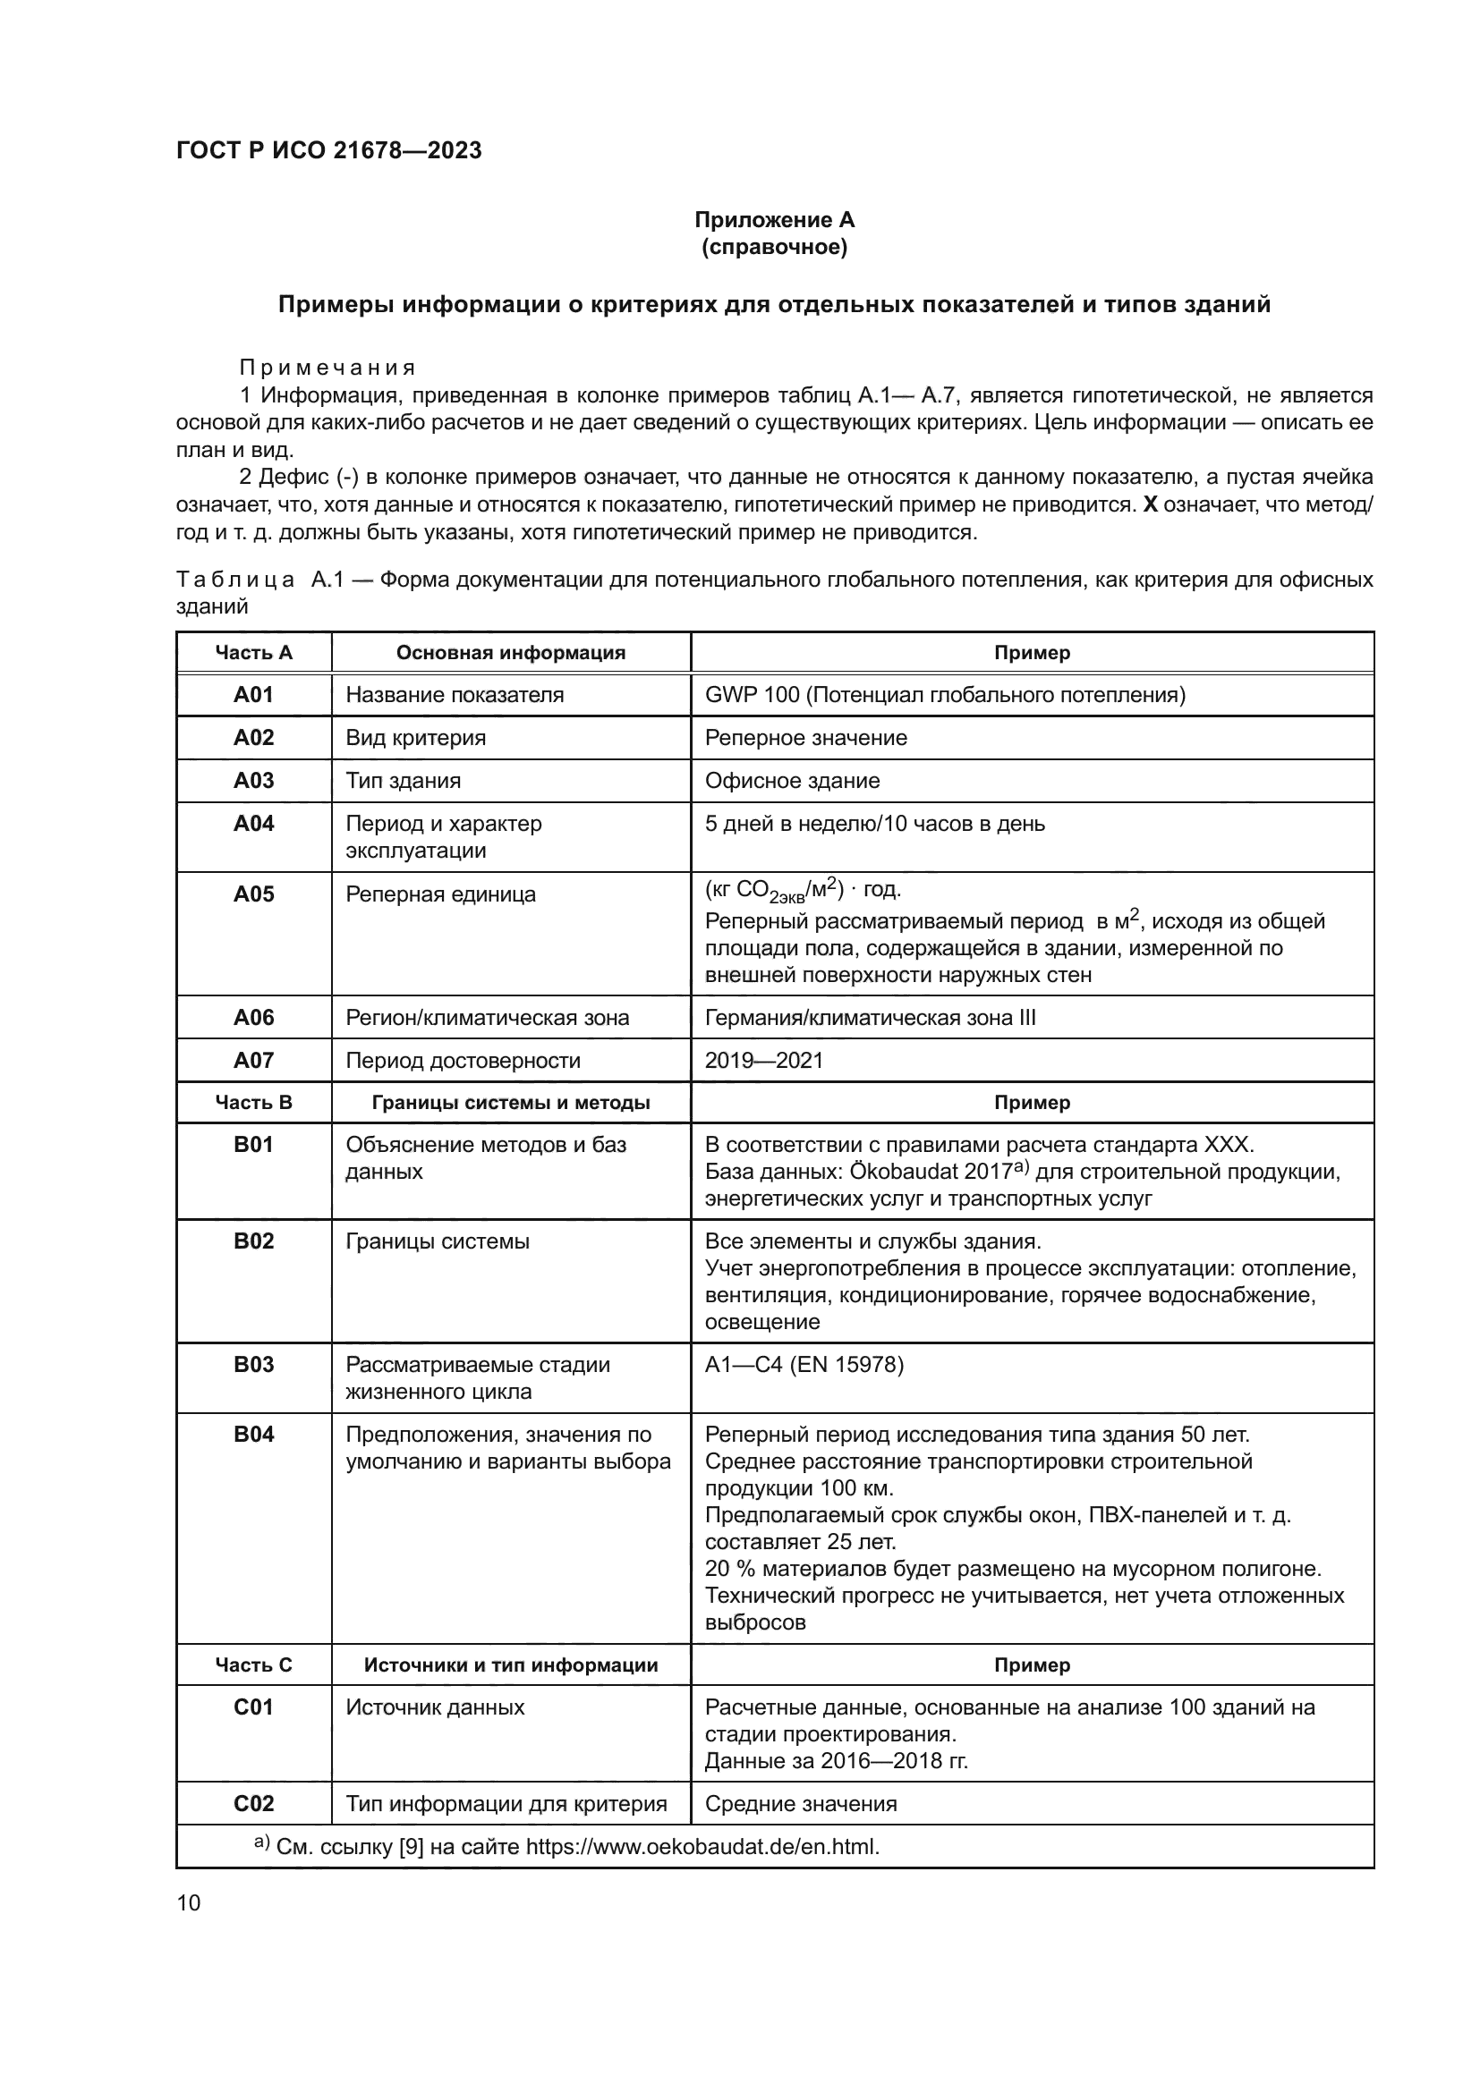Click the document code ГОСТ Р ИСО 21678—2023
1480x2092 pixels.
pyautogui.click(x=328, y=150)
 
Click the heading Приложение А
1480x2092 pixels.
pyautogui.click(x=774, y=220)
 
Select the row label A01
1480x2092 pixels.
pyautogui.click(x=253, y=695)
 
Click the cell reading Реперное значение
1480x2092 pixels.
pyautogui.click(x=805, y=738)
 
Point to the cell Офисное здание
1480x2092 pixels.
pyautogui.click(x=792, y=781)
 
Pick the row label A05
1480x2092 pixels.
pyautogui.click(x=253, y=894)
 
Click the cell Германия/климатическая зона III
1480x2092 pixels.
pyautogui.click(x=870, y=1018)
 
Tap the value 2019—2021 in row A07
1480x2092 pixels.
pyautogui.click(x=763, y=1061)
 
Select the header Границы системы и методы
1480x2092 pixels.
pyautogui.click(x=510, y=1103)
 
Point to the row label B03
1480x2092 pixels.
pyautogui.click(x=253, y=1365)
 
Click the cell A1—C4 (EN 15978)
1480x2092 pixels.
pyautogui.click(x=804, y=1365)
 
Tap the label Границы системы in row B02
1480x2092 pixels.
pyautogui.click(x=438, y=1242)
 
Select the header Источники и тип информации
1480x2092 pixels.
pyautogui.click(x=510, y=1664)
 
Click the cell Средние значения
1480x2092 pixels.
pyautogui.click(x=800, y=1804)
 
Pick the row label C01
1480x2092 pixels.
pyautogui.click(x=253, y=1707)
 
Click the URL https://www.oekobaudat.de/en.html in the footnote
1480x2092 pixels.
pyautogui.click(x=702, y=1847)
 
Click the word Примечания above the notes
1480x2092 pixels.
pyautogui.click(x=327, y=368)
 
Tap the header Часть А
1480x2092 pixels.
pyautogui.click(x=253, y=652)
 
